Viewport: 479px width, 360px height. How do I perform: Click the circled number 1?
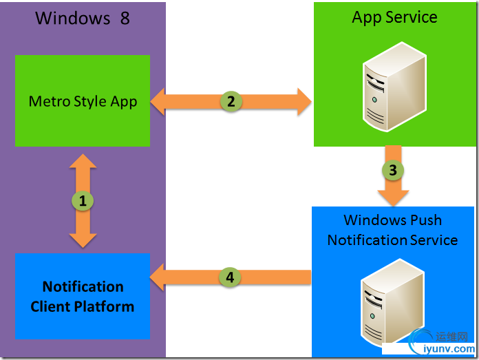pos(83,201)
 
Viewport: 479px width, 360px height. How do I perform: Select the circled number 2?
pos(231,101)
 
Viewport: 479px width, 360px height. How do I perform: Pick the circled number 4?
pos(230,277)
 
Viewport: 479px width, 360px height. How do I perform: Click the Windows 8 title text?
pos(83,18)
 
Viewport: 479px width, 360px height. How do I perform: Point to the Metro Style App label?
pos(83,102)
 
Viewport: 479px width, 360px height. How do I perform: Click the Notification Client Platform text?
pos(83,297)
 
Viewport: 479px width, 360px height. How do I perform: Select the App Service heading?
pos(394,18)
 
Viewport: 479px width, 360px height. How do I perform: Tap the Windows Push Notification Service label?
pos(392,230)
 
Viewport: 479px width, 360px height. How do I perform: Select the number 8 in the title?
pos(125,18)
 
